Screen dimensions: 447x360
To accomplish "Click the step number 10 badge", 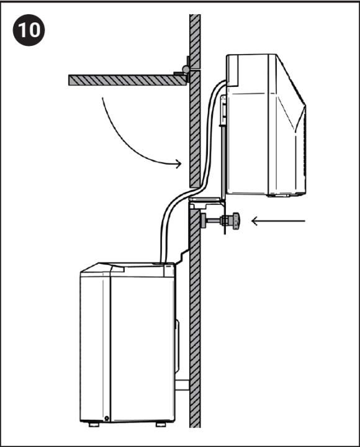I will coord(29,30).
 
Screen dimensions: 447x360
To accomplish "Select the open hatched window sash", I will coord(124,79).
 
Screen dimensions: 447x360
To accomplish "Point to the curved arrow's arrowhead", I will coord(178,164).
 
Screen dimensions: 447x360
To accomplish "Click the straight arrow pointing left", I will coord(279,220).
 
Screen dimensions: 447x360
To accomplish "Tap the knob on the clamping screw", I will coord(235,222).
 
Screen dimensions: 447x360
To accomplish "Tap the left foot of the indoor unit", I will coord(92,425).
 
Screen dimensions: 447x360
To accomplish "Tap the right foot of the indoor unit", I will coord(161,425).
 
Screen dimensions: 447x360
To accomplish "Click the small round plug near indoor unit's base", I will coord(107,418).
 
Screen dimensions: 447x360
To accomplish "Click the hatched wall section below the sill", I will coord(195,323).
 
